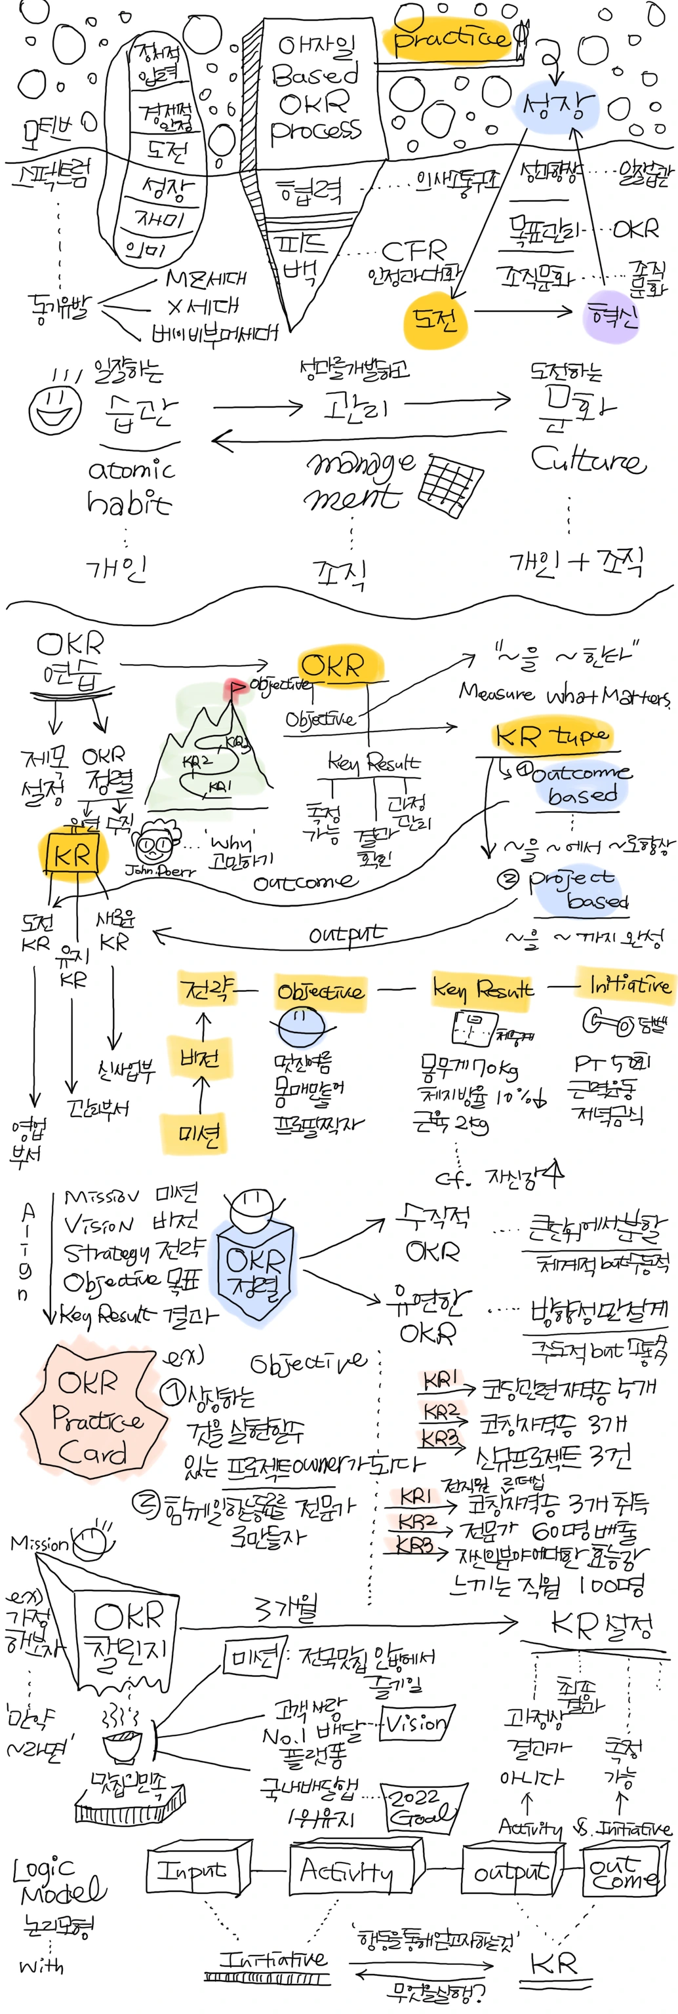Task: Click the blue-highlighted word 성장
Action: tap(557, 105)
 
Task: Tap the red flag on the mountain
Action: tap(235, 688)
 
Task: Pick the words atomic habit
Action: tap(130, 486)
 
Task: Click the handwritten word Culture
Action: tap(588, 460)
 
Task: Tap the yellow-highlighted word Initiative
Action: tap(629, 984)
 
